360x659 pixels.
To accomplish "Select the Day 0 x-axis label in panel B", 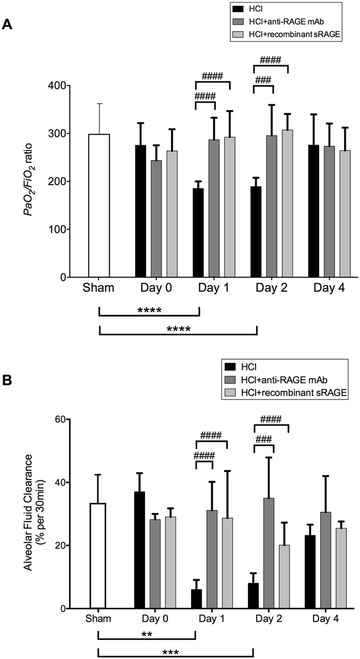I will (155, 620).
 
